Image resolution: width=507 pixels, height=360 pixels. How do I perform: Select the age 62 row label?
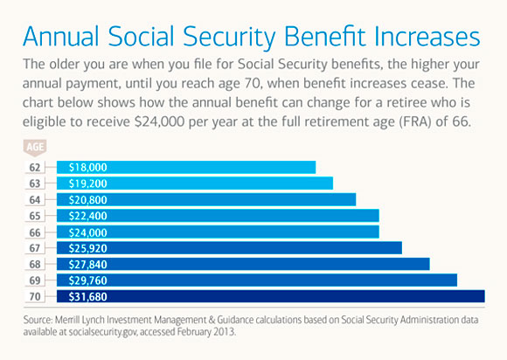(x=34, y=167)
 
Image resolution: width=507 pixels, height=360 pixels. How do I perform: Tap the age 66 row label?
(x=34, y=232)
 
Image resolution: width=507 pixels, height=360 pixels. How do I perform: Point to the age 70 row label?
(x=34, y=296)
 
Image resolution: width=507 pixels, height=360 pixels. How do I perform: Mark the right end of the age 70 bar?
(x=482, y=296)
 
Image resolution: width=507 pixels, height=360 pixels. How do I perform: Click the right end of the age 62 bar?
(x=313, y=167)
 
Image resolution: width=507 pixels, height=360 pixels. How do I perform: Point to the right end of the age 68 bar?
(x=427, y=264)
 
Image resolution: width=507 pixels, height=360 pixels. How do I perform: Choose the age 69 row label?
(x=34, y=280)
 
